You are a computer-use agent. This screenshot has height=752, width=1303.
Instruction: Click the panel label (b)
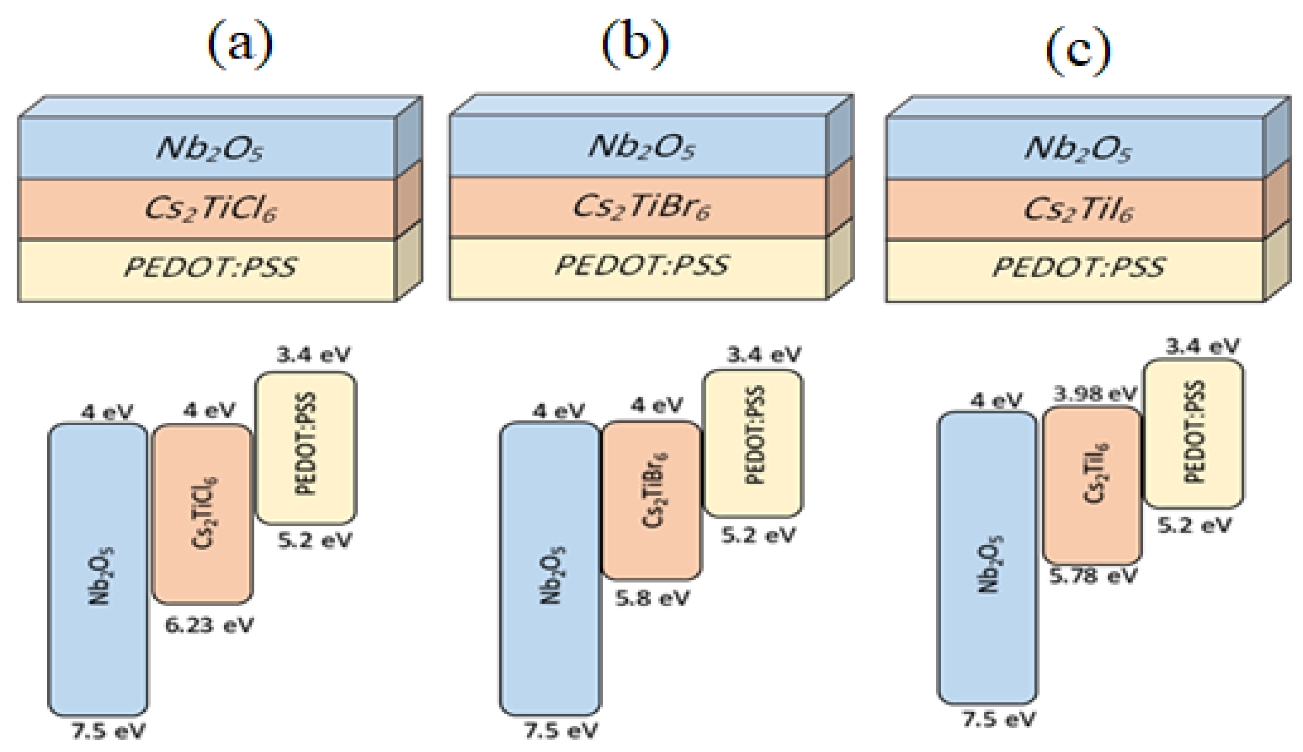pos(635,44)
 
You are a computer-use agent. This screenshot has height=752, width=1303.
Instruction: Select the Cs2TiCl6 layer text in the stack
pos(210,209)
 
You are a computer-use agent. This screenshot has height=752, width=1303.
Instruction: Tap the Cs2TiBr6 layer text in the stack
pos(641,207)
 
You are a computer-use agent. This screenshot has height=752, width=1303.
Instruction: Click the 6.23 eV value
pos(209,625)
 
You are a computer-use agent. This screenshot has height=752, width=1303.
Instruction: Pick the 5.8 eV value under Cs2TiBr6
pos(652,598)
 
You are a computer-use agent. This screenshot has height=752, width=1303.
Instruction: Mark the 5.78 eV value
pos(1093,576)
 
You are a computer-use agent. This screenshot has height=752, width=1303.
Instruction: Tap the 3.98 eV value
pos(1095,394)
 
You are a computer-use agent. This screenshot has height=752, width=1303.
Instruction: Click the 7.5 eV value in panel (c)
pos(998,719)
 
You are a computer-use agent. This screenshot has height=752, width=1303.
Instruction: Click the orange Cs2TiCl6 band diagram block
pos(203,514)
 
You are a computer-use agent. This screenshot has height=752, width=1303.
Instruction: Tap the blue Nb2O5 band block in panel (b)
pos(550,568)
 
